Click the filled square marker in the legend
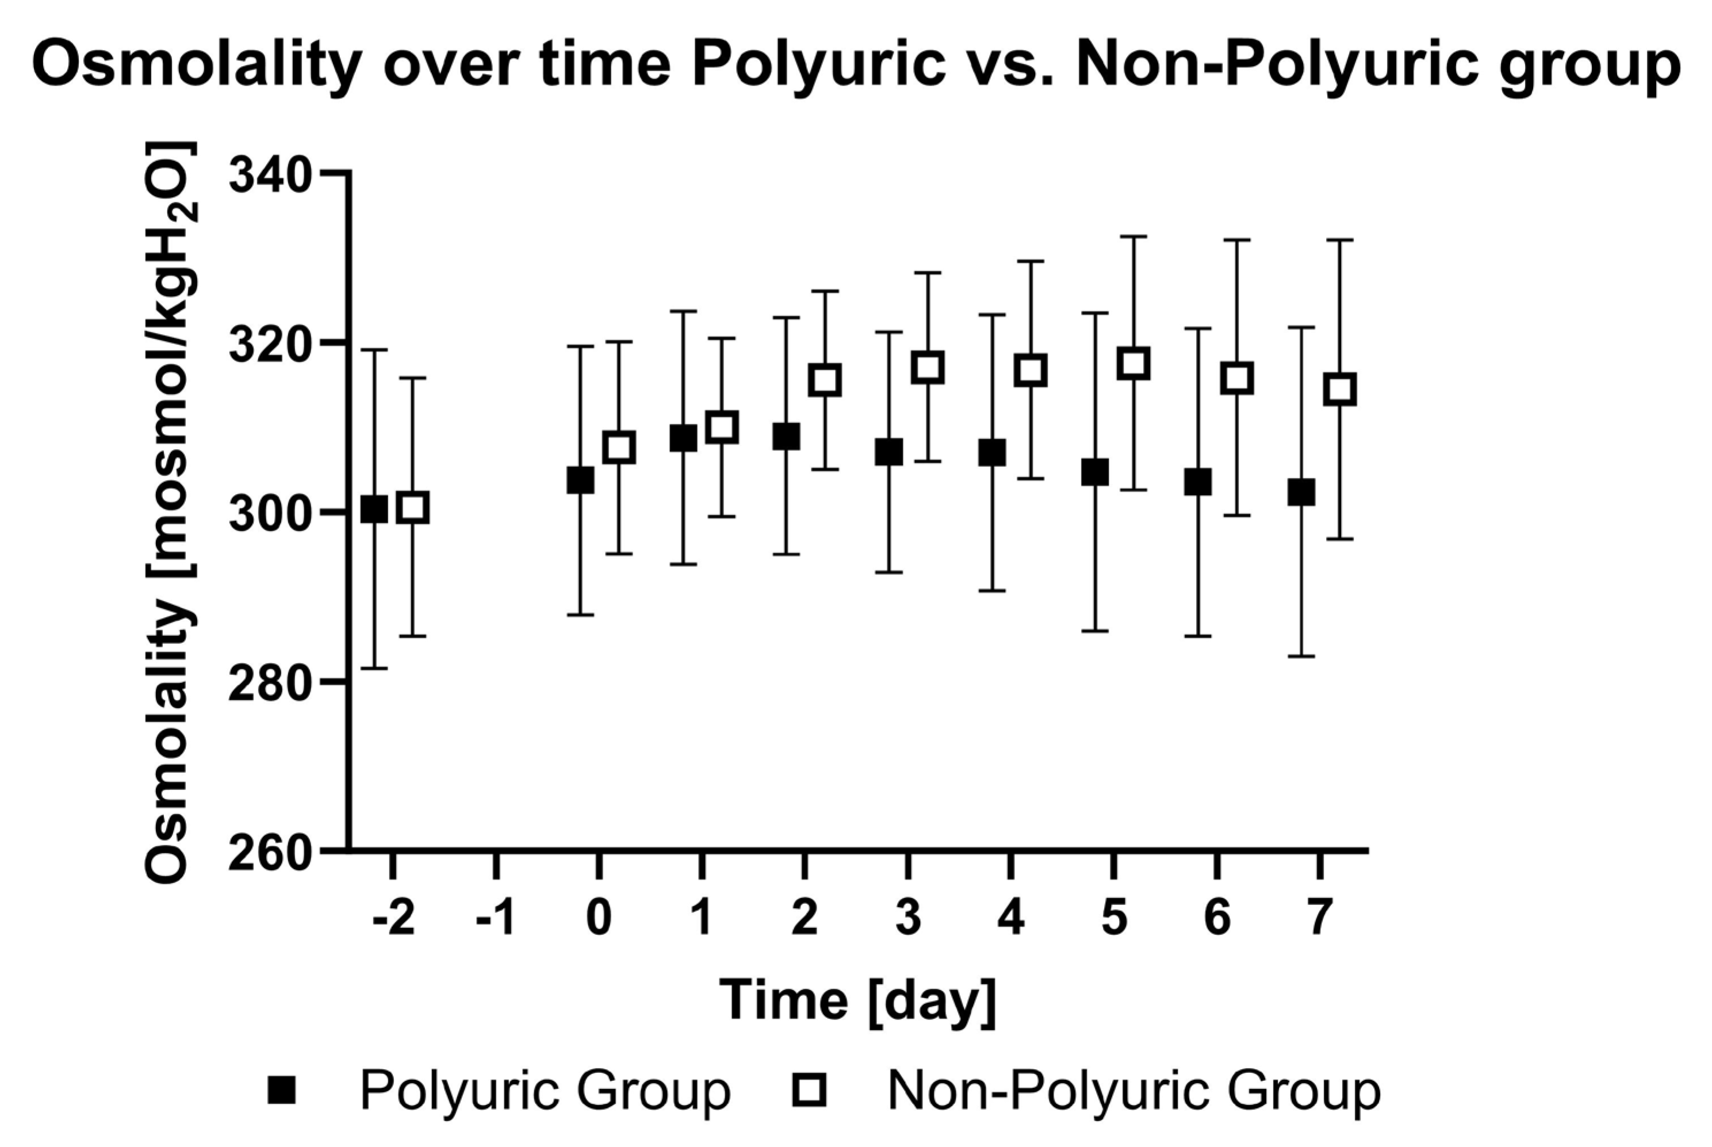(282, 1090)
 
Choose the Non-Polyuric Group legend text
(1133, 1090)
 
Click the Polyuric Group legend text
(545, 1090)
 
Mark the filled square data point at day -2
(374, 509)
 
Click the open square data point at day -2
(413, 508)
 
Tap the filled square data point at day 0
(580, 481)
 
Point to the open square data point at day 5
(1133, 363)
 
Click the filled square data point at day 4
(992, 453)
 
